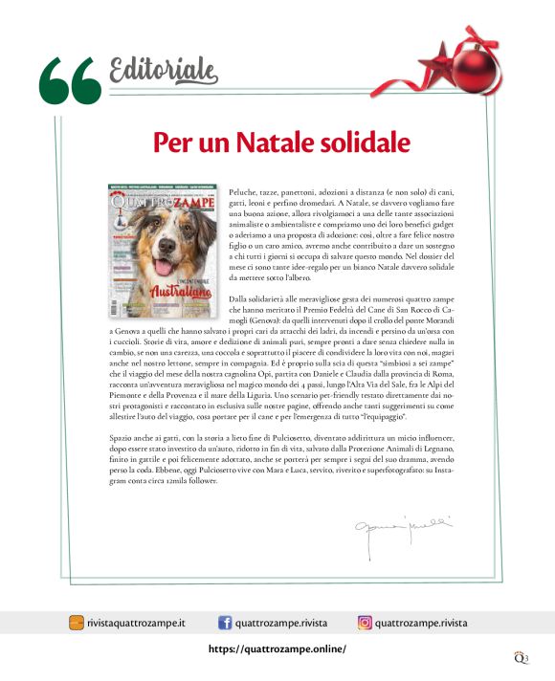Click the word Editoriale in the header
[x=164, y=68]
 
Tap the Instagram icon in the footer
[x=365, y=623]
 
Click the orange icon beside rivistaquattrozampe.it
[x=76, y=623]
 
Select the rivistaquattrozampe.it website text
[x=135, y=623]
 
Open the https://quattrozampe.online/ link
[x=277, y=648]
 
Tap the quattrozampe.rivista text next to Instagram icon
[x=421, y=623]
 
